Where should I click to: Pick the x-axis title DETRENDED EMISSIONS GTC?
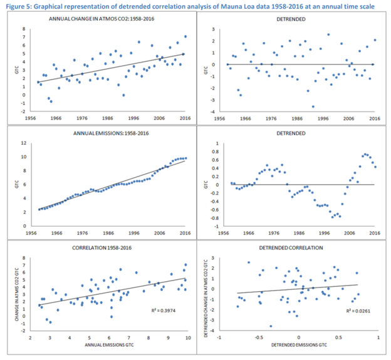tap(298, 346)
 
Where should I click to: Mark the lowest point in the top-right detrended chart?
tap(313, 106)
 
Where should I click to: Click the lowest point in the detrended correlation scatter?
tap(271, 326)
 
